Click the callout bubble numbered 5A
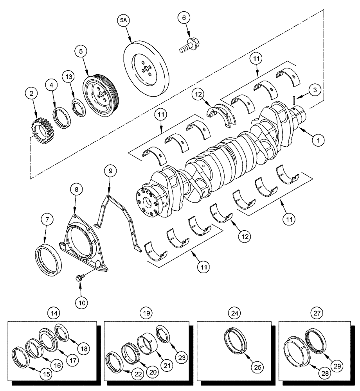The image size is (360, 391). (x=124, y=21)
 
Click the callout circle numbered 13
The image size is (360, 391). (x=69, y=76)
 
